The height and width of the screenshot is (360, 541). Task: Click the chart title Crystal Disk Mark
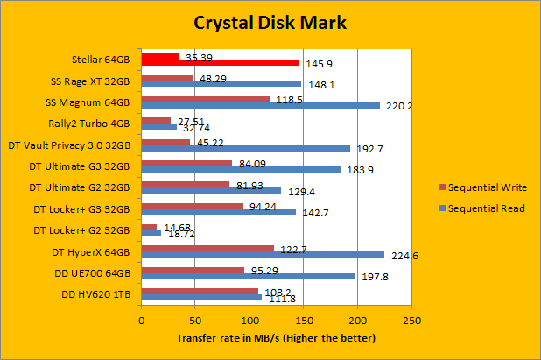point(270,22)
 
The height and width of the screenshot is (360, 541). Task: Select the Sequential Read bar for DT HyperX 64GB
point(262,255)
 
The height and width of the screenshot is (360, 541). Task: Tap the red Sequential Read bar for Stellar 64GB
point(220,63)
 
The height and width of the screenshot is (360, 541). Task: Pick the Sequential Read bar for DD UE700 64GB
point(248,276)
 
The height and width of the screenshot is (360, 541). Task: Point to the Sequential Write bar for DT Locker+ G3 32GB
point(192,207)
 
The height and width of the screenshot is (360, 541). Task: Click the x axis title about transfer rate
point(276,338)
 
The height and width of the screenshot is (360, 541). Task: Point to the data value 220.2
point(399,106)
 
